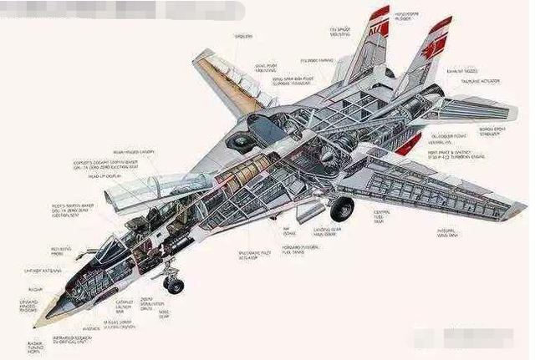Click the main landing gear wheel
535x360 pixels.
tap(342, 209)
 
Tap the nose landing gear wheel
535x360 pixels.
tap(175, 286)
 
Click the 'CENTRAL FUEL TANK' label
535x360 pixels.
tap(382, 218)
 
